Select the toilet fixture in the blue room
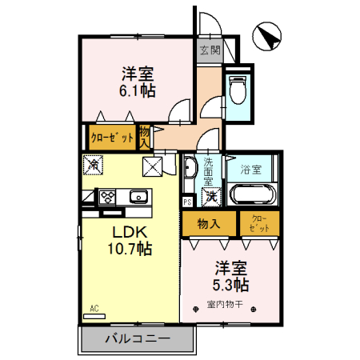(x=238, y=90)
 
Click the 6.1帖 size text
(x=138, y=91)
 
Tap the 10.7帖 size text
(x=127, y=249)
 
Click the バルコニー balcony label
(x=137, y=339)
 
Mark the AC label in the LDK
(x=94, y=308)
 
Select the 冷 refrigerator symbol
(x=93, y=165)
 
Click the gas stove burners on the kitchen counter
(x=107, y=196)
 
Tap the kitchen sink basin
(x=138, y=196)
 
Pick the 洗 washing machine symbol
(x=210, y=195)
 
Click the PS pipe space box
(x=187, y=202)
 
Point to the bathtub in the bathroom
(x=252, y=195)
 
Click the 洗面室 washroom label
(x=209, y=170)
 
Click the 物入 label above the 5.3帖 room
(x=209, y=225)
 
